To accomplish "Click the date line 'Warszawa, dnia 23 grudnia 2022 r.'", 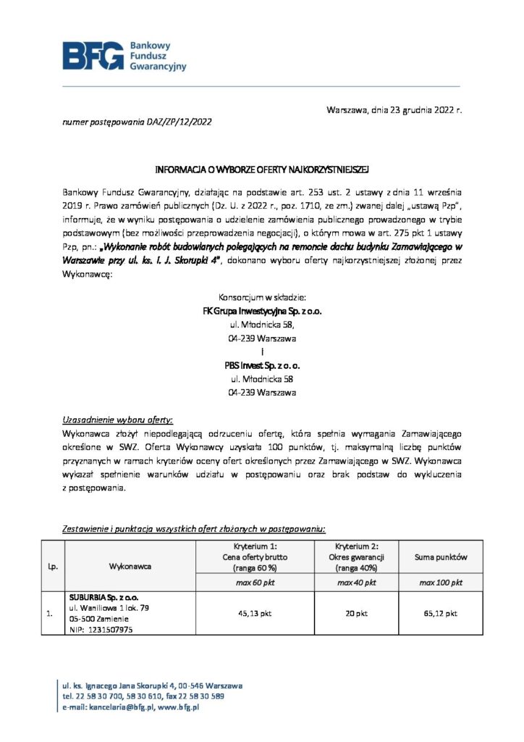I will (394, 111).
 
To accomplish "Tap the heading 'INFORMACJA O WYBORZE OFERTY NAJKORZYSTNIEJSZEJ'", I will (262, 170).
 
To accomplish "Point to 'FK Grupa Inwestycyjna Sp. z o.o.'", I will (262, 311).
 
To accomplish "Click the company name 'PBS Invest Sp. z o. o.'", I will (262, 366).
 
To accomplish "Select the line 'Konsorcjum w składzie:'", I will (262, 298).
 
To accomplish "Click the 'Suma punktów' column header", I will (441, 557).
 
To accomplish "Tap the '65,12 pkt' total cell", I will (441, 613).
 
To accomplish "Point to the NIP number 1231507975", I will (109, 630).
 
